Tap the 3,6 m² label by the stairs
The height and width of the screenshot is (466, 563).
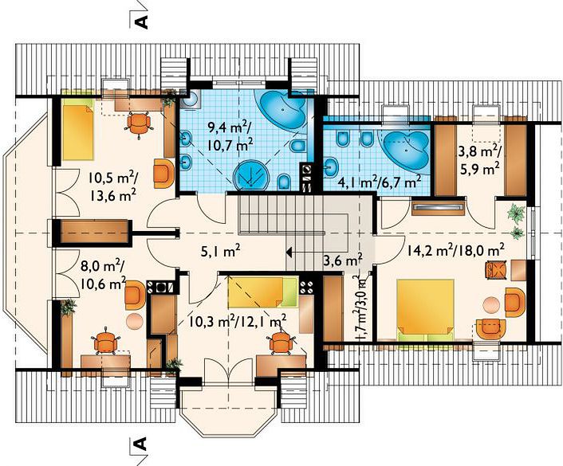tap(343, 260)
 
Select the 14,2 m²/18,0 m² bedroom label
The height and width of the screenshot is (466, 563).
tap(455, 249)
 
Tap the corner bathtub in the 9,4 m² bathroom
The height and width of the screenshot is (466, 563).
tap(281, 109)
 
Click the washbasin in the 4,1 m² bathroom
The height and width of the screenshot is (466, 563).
tap(331, 166)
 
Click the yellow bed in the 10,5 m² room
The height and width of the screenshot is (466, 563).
tap(78, 129)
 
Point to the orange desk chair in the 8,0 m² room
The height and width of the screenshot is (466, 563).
tap(104, 341)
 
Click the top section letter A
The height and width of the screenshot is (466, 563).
tap(141, 22)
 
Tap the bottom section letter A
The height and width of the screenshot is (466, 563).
tap(141, 444)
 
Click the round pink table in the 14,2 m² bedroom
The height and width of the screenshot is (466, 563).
tap(490, 305)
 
